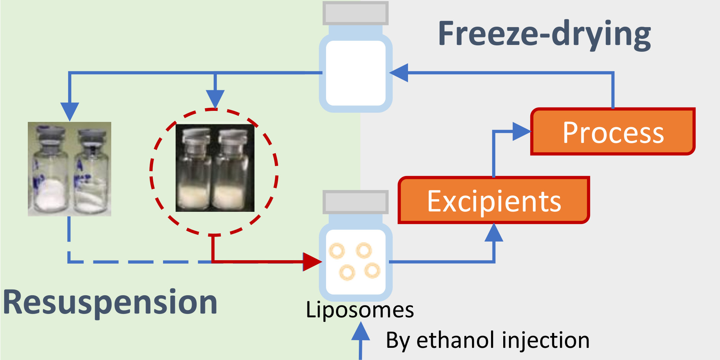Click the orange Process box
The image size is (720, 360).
[x=613, y=132]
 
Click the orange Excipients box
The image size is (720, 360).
[x=494, y=200]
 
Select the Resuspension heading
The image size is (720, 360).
[x=110, y=302]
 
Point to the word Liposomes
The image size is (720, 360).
[x=360, y=310]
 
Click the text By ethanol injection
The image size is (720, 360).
[x=488, y=340]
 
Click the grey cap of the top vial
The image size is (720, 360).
[x=355, y=13]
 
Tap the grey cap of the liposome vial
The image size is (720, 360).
[x=355, y=202]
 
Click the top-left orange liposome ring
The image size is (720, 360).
[x=337, y=251]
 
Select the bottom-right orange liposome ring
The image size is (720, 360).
[x=372, y=270]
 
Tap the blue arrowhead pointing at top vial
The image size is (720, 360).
[x=399, y=72]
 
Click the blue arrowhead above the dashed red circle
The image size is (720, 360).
[x=215, y=98]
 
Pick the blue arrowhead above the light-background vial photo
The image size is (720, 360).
[x=69, y=111]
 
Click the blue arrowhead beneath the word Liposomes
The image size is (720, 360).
[x=360, y=331]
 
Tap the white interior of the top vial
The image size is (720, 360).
[x=355, y=72]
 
